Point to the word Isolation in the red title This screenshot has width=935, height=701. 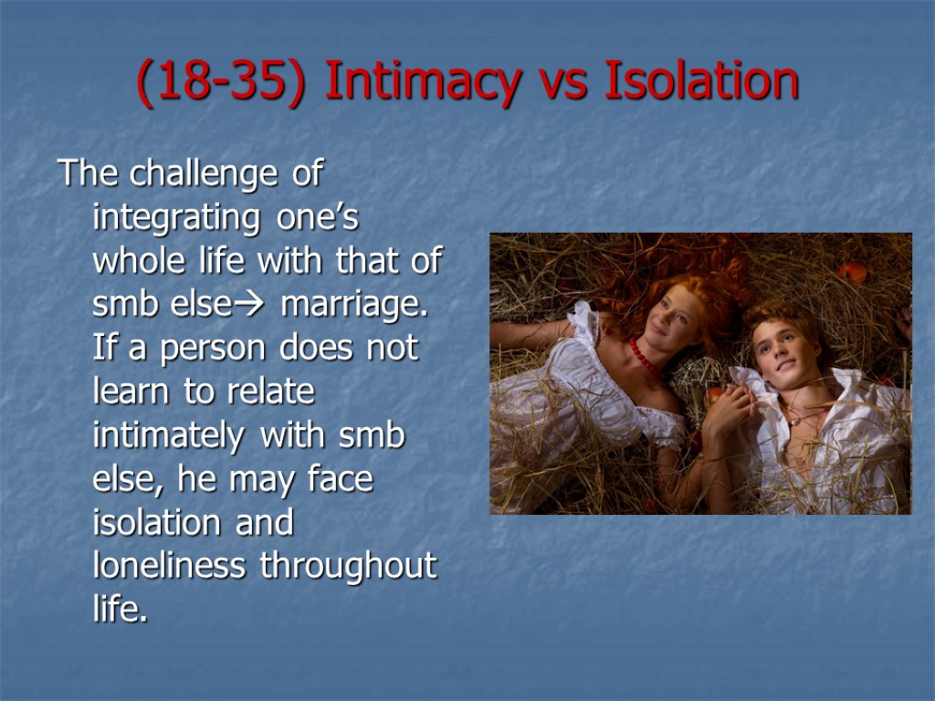(x=700, y=82)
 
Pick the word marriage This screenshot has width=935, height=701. (x=355, y=306)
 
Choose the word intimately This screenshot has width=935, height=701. (x=168, y=436)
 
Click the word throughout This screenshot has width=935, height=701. (x=349, y=567)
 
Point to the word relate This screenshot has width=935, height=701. (x=273, y=392)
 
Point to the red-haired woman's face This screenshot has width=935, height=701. (x=671, y=315)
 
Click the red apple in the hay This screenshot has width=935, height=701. (x=852, y=272)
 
